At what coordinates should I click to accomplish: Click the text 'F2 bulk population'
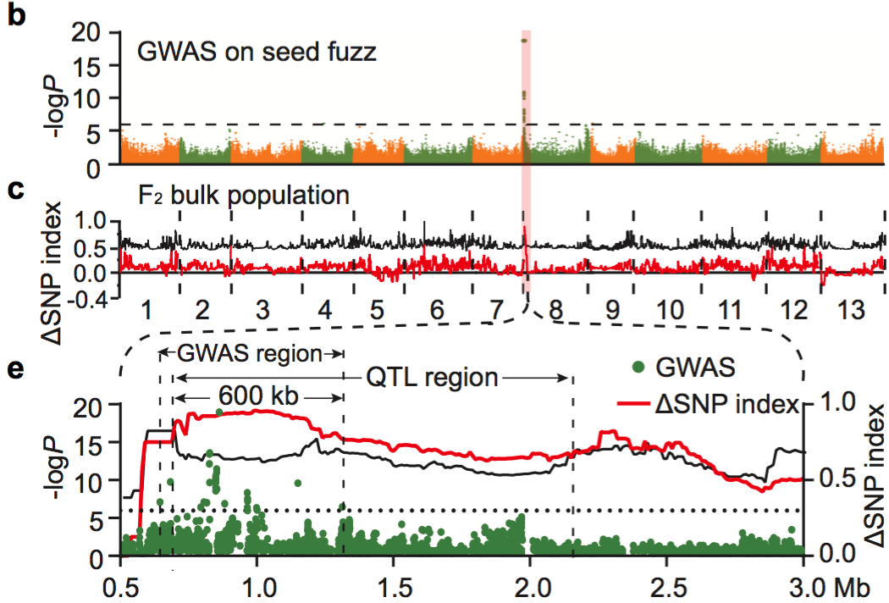244,195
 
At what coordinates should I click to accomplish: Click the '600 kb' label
251,396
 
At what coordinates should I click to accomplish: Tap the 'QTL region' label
433,377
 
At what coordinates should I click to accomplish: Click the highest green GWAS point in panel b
525,41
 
